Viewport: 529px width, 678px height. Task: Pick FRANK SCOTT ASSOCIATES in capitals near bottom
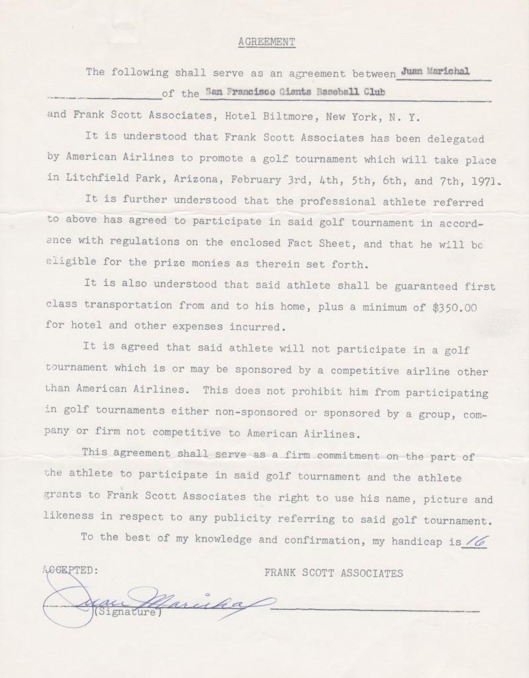(334, 573)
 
